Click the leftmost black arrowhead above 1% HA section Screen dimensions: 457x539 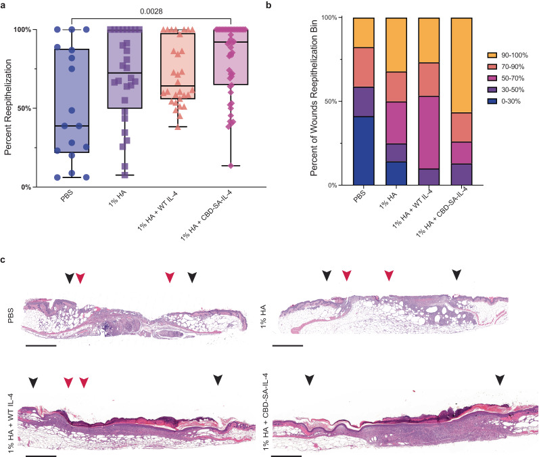point(327,274)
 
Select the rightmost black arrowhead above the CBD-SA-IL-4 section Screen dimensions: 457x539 point(499,380)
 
